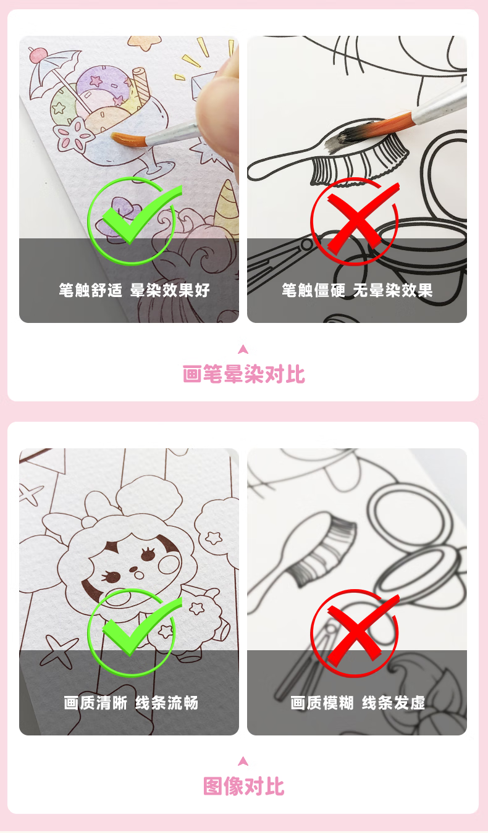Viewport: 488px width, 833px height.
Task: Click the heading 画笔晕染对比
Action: click(x=243, y=374)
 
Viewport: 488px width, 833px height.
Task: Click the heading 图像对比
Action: click(x=243, y=786)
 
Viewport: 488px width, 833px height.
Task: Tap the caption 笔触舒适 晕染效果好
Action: click(x=134, y=290)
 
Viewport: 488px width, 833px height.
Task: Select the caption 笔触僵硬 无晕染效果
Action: click(x=357, y=290)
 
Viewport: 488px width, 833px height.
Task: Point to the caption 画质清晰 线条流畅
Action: click(x=131, y=703)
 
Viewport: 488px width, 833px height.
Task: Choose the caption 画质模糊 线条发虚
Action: click(x=358, y=703)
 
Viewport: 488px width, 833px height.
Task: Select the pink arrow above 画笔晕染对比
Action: click(x=243, y=349)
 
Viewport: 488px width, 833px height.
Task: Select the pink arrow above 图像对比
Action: click(x=243, y=761)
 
